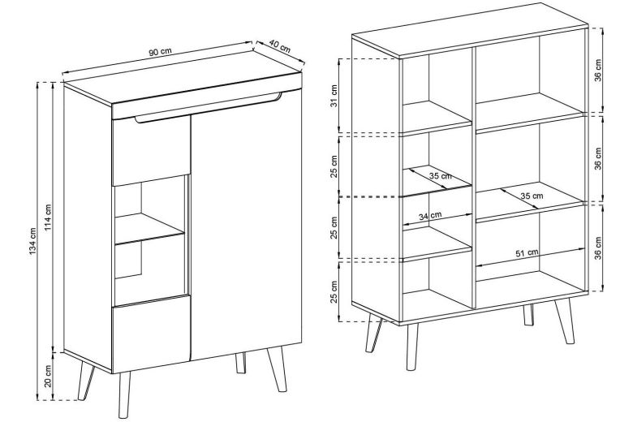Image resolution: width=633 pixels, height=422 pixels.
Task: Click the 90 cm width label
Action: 161,53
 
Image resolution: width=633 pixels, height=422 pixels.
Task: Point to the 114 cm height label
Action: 50,216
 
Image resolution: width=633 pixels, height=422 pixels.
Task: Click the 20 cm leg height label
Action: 50,377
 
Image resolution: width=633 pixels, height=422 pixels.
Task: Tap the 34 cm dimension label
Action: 429,216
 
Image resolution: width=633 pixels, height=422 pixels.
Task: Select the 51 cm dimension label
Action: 527,253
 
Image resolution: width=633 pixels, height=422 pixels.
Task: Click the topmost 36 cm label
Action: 598,73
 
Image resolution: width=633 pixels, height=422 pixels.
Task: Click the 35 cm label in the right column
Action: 532,196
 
